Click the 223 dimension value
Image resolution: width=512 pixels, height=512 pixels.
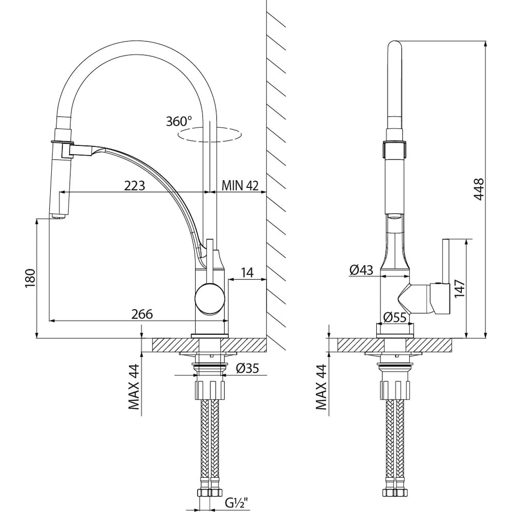(134, 185)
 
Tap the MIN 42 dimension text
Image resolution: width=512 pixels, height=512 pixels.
(239, 185)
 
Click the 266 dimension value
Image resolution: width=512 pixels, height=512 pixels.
(142, 314)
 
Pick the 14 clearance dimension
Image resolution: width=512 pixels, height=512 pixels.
(247, 272)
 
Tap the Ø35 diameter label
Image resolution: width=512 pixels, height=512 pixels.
(247, 368)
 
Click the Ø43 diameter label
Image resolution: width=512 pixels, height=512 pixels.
(361, 270)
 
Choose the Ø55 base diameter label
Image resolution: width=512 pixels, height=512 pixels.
(395, 317)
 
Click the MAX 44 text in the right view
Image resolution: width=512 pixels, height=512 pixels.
(321, 387)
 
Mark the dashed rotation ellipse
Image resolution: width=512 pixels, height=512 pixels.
(209, 135)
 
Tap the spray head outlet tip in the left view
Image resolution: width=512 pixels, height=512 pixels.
(58, 217)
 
